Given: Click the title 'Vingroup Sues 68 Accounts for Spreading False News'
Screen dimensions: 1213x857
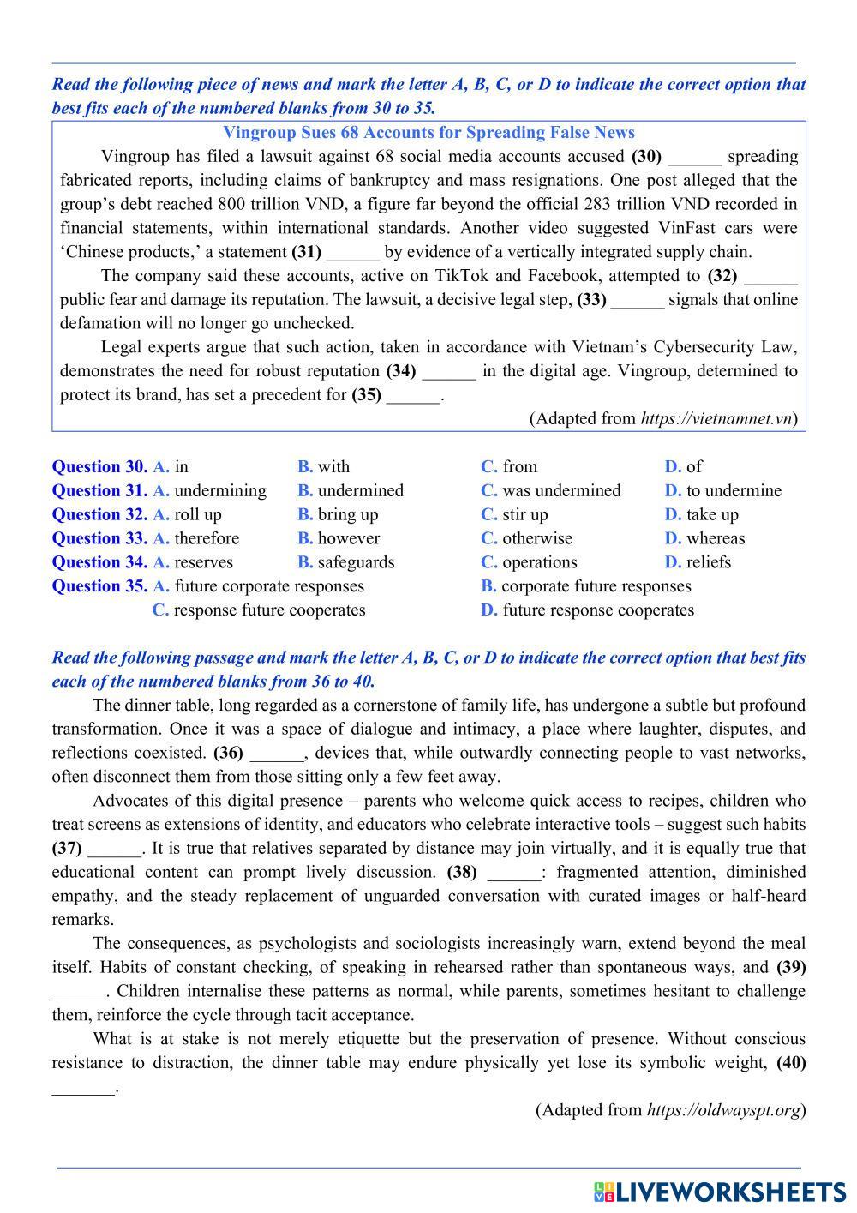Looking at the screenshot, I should (428, 133).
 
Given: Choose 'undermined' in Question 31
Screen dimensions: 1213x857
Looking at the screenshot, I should (360, 490).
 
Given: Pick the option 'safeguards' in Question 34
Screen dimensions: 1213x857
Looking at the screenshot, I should (356, 562).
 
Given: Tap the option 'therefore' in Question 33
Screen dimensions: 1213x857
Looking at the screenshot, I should (207, 538).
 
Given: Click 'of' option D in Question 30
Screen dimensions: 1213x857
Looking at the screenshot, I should (693, 466).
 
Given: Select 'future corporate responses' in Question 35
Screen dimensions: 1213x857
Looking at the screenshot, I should (269, 586).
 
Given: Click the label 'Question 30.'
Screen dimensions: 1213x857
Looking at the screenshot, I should (99, 466).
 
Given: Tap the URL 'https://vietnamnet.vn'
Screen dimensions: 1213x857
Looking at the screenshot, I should (716, 418).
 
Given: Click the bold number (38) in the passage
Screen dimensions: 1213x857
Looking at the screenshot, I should (462, 872).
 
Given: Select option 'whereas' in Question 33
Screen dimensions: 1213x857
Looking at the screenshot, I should (716, 538).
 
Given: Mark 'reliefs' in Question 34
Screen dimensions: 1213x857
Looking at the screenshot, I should (709, 562).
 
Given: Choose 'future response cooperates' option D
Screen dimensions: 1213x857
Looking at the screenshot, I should (598, 610).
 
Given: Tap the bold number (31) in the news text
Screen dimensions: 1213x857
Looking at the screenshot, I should (306, 252).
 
